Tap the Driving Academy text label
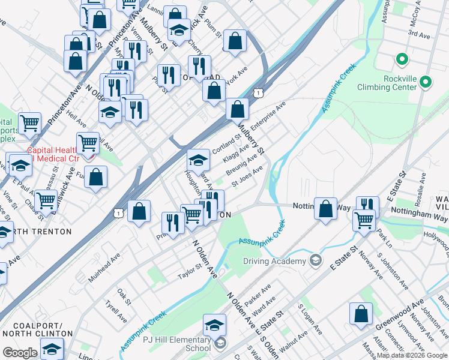pos(274,261)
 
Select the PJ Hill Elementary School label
pos(176,344)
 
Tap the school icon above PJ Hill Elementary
pos(214,325)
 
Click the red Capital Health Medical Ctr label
pos(53,154)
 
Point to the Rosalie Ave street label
pos(423,186)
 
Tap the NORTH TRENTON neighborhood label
pos(38,232)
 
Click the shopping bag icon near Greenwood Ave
pos(360,314)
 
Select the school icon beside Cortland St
pos(198,161)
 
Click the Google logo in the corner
pos(20,353)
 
